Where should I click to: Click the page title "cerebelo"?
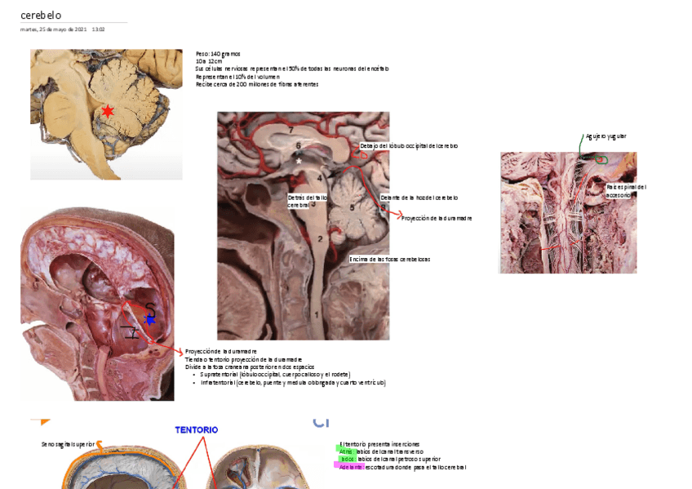pyautogui.click(x=41, y=16)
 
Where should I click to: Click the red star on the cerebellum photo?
pyautogui.click(x=107, y=111)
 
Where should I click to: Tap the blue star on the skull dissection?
pyautogui.click(x=149, y=320)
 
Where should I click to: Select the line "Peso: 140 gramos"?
pyautogui.click(x=218, y=54)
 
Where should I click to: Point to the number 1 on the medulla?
pyautogui.click(x=317, y=313)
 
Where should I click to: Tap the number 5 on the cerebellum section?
pyautogui.click(x=353, y=207)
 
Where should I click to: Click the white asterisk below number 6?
pyautogui.click(x=299, y=162)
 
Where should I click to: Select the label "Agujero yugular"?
pyautogui.click(x=606, y=136)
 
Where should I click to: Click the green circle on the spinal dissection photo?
pyautogui.click(x=601, y=160)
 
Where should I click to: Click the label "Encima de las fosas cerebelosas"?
pyautogui.click(x=389, y=259)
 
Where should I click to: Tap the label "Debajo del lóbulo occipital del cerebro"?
pyautogui.click(x=409, y=145)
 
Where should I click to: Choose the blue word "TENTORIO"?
pyautogui.click(x=197, y=429)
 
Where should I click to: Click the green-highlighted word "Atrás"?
pyautogui.click(x=345, y=451)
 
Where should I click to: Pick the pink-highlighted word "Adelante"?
pyautogui.click(x=351, y=467)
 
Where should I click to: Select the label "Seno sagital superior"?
pyautogui.click(x=68, y=445)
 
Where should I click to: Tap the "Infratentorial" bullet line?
pyautogui.click(x=293, y=382)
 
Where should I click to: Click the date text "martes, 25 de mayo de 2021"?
pyautogui.click(x=54, y=29)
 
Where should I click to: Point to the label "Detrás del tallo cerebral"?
pyautogui.click(x=307, y=201)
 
